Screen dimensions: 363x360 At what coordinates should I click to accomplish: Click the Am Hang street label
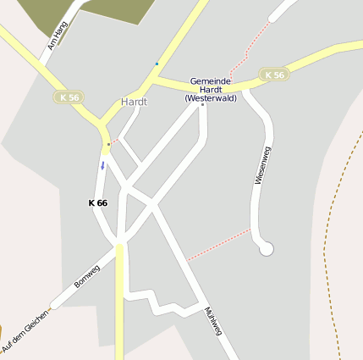point(58,36)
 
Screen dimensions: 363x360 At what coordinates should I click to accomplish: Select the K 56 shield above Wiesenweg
point(273,75)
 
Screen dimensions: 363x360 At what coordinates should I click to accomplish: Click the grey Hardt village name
point(134,102)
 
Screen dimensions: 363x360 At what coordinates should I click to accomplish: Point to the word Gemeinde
point(210,80)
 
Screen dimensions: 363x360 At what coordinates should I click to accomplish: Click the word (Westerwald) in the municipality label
point(211,98)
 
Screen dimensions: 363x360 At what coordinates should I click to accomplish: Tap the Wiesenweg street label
point(262,166)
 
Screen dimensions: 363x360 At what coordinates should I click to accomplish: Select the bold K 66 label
point(97,203)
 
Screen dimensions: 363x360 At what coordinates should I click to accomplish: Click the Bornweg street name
point(87,276)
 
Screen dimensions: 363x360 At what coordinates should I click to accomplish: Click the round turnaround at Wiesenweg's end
point(267,248)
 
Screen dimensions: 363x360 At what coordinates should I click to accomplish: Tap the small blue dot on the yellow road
point(157,64)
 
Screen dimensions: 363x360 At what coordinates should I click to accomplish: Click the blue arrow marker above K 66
point(102,165)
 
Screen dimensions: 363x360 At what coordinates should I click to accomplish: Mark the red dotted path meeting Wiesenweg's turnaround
point(218,244)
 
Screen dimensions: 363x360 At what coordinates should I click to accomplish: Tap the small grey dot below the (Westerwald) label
point(202,105)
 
